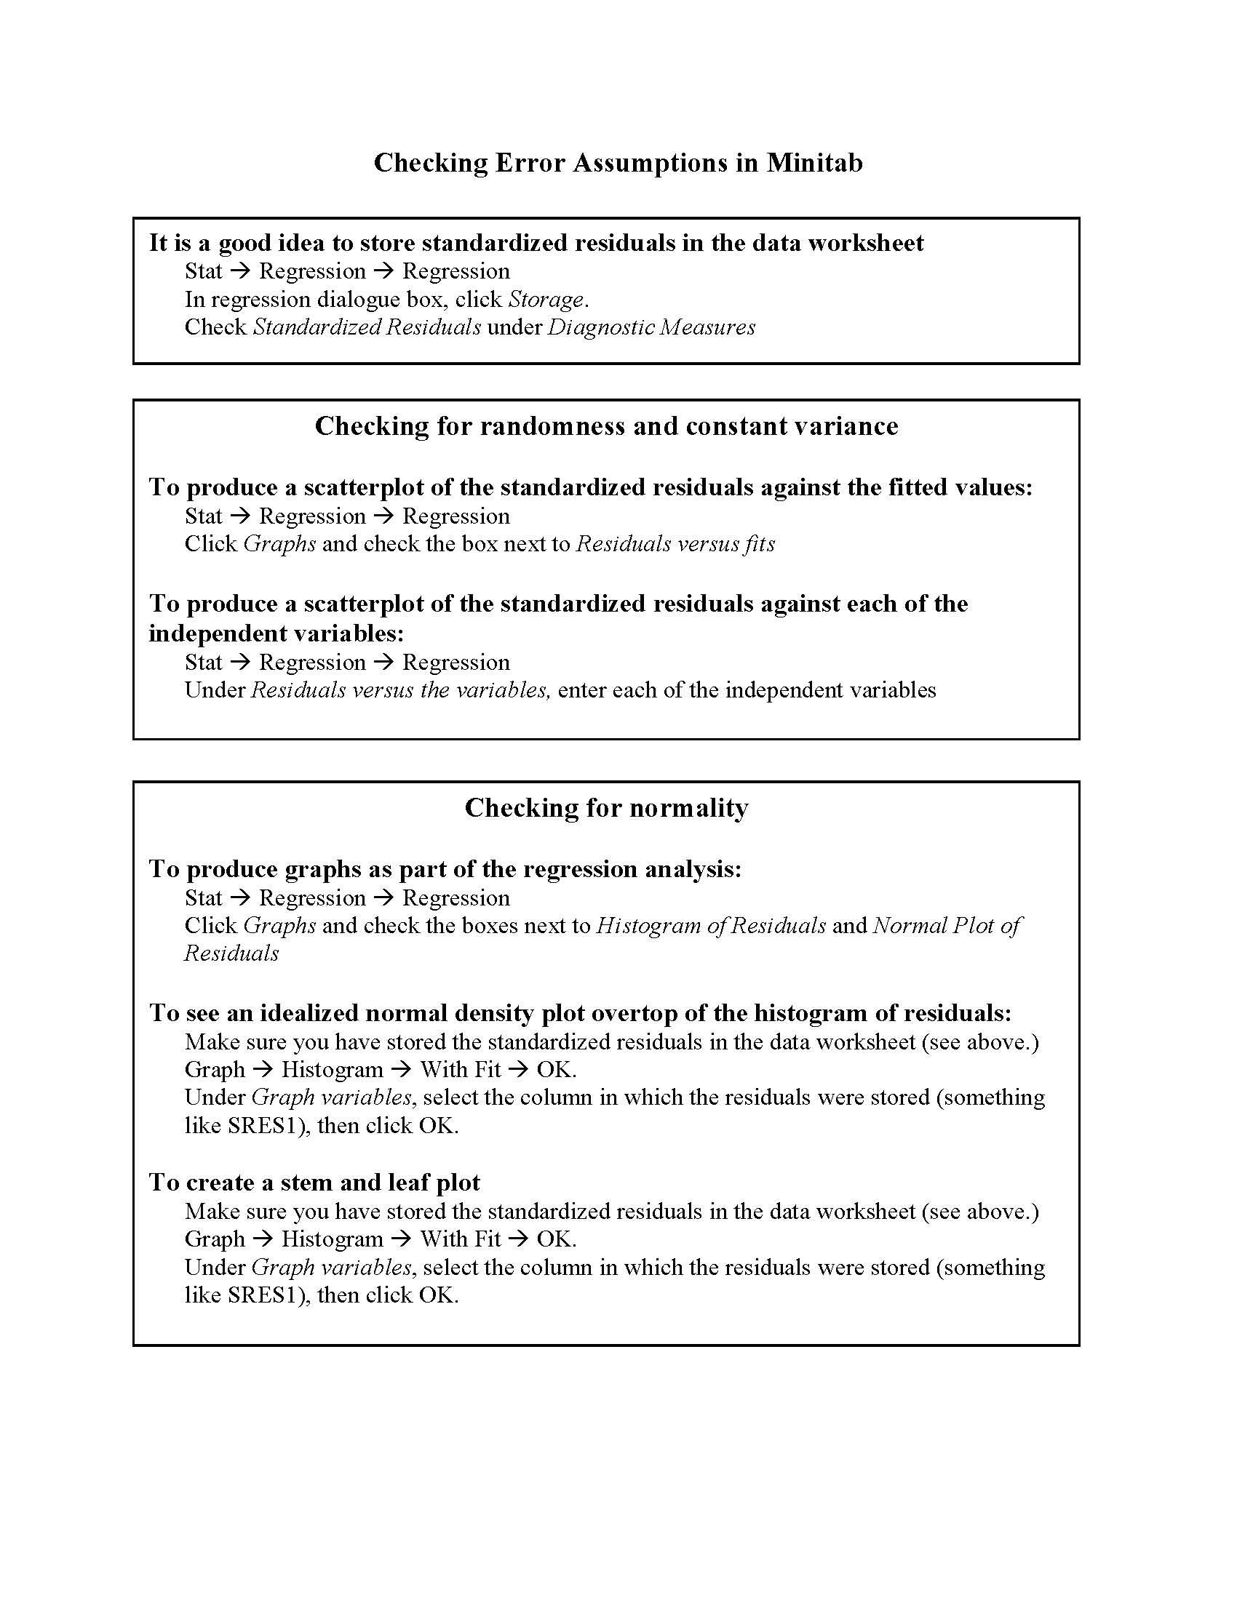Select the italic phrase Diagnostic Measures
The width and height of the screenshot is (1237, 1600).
(651, 327)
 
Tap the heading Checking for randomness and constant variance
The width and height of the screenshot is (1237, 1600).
(606, 426)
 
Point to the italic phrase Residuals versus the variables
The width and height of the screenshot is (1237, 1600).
(400, 689)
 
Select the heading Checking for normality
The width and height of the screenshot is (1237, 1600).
(606, 808)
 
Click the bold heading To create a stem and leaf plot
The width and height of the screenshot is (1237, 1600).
(314, 1183)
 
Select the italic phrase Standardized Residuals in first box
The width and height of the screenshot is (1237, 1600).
(367, 327)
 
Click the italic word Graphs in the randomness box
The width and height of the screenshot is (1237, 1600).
(279, 543)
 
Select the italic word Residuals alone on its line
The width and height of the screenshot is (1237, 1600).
(231, 953)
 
